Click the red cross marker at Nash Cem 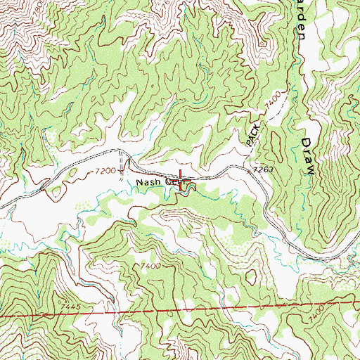click(x=182, y=176)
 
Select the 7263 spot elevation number click(x=259, y=169)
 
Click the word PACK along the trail click(x=254, y=131)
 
